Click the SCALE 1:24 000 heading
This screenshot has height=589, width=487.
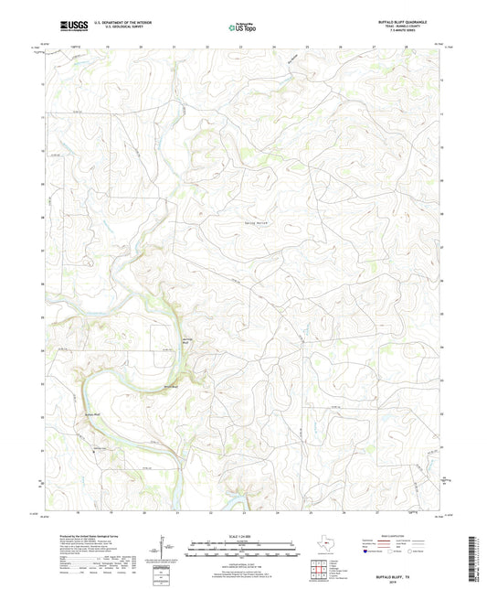[x=243, y=536]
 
